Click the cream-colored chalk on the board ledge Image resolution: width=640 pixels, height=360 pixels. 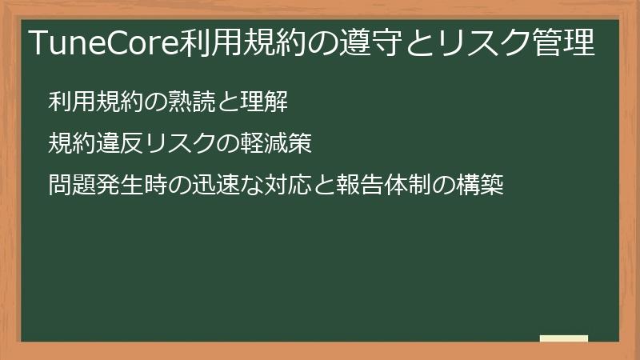click(x=564, y=338)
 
